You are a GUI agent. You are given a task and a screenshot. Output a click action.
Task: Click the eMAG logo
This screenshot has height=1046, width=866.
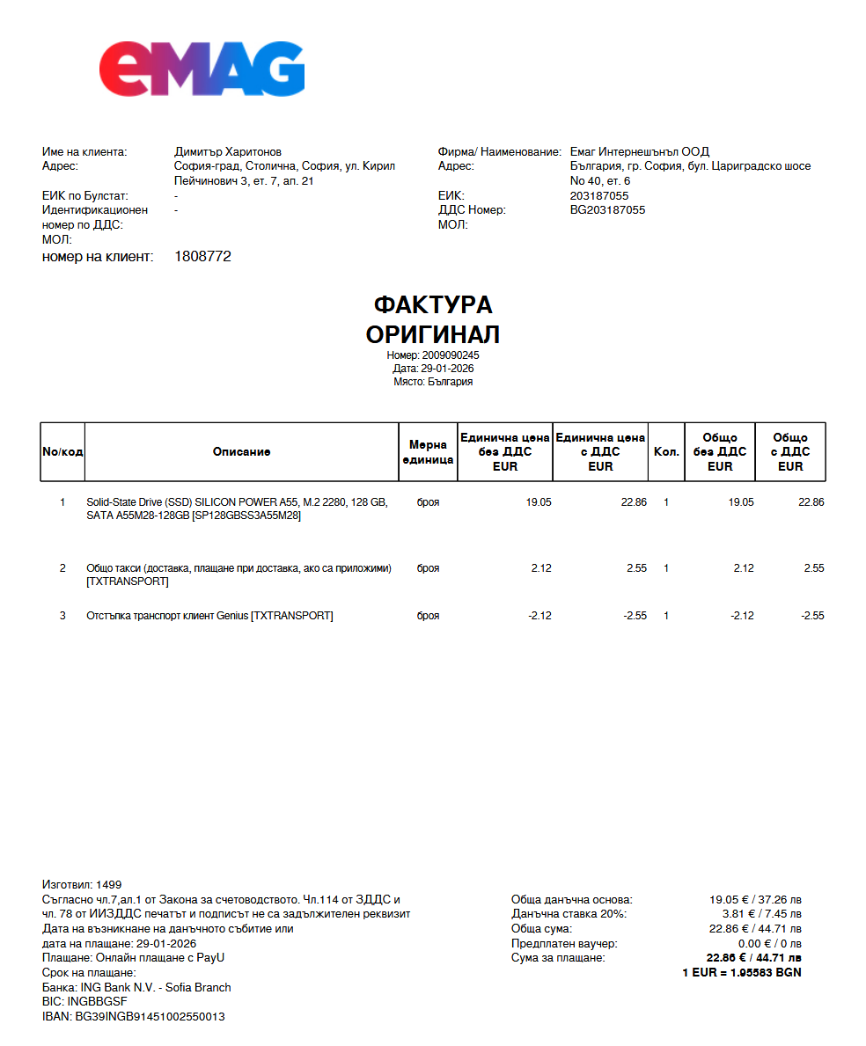[202, 69]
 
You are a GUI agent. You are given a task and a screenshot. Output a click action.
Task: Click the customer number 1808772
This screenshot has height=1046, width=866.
[203, 257]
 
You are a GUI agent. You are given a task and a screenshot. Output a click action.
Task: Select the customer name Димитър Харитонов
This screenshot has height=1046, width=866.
[228, 152]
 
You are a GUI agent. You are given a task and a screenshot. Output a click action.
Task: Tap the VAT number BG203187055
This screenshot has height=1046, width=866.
[607, 210]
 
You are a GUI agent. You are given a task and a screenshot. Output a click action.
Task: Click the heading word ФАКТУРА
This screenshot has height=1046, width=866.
[433, 305]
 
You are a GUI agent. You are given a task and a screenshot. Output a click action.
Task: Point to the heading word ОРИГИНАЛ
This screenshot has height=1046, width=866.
[433, 334]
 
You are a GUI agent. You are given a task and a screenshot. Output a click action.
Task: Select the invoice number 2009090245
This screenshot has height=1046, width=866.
[451, 355]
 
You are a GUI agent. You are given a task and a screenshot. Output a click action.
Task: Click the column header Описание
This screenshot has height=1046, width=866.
[241, 452]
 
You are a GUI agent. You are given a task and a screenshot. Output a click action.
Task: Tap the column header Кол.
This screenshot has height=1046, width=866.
[666, 452]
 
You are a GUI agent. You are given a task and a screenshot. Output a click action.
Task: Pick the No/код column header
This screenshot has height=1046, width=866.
[62, 452]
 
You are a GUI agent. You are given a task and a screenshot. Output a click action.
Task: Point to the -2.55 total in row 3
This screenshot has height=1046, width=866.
[812, 616]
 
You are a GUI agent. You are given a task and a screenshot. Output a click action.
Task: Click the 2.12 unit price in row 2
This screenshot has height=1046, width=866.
[541, 568]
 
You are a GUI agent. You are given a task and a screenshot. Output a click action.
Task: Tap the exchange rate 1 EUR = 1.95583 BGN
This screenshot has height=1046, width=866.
[742, 973]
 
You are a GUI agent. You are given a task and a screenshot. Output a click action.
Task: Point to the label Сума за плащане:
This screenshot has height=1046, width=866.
[558, 958]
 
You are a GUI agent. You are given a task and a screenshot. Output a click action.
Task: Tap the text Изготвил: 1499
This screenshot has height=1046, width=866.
[82, 884]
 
